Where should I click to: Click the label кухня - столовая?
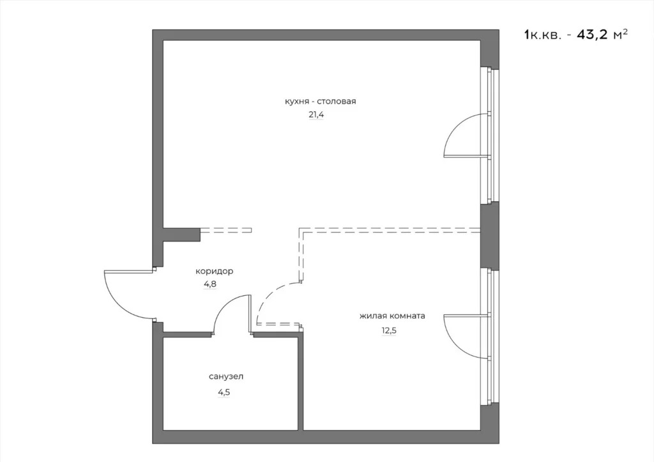point(320,102)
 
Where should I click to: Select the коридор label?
point(214,271)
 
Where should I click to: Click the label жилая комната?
point(392,316)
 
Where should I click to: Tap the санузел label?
point(225,376)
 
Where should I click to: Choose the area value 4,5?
point(224,392)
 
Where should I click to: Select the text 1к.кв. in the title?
point(542,35)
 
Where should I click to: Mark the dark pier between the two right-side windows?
point(489,236)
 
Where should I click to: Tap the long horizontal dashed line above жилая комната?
point(390,229)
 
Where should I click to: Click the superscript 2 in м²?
point(624,31)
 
